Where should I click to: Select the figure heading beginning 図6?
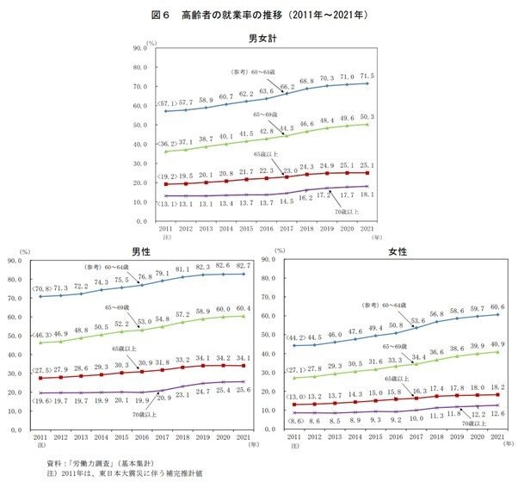[x=259, y=15]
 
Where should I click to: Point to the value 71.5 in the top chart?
[x=366, y=76]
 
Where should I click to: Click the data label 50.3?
[x=366, y=116]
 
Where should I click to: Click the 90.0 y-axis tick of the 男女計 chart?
[x=140, y=49]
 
